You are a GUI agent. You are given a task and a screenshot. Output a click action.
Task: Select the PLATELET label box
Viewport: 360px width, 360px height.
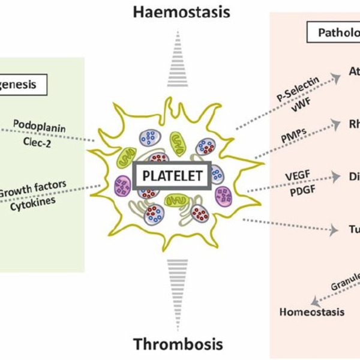tap(173, 176)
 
